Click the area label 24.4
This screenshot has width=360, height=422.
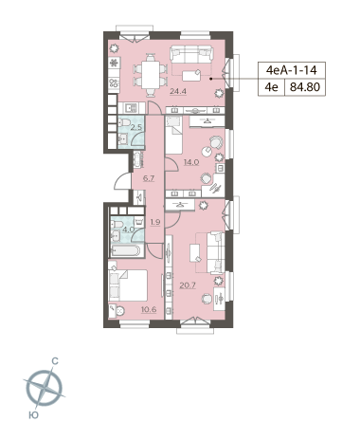coord(178,92)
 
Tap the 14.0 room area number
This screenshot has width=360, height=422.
coord(191,162)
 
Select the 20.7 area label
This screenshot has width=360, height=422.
coord(188,285)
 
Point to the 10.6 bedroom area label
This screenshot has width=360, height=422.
coord(149,309)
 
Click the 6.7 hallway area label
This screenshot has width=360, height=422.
coord(149,178)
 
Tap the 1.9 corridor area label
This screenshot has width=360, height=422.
coord(155,222)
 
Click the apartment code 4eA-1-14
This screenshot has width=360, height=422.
coord(291,70)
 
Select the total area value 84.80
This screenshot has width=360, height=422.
coord(305,86)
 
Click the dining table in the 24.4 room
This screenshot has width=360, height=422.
coord(151,75)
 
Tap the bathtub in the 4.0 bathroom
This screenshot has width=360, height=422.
coord(125,250)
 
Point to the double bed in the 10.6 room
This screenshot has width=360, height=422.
coord(128,285)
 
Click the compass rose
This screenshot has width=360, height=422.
coord(44,388)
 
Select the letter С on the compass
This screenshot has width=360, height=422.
coord(55,361)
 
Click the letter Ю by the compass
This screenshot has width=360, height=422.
coord(33,414)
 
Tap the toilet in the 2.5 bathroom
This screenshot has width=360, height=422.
coord(125,122)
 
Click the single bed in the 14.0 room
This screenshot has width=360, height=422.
coord(173,135)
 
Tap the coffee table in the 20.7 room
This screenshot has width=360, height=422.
coord(195,253)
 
